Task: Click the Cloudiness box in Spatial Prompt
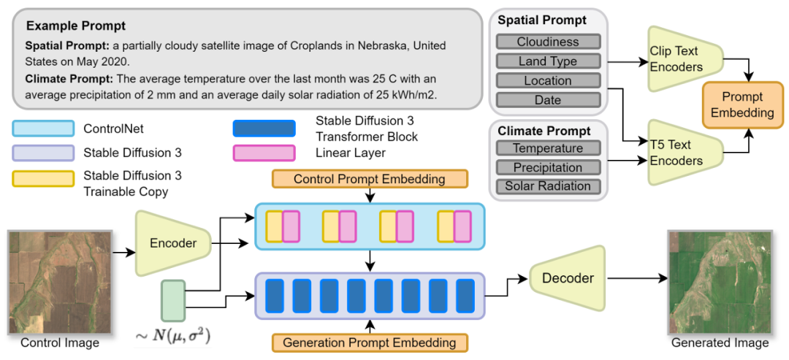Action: [x=548, y=42]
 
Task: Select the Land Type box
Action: [x=548, y=61]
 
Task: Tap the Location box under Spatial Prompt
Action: [x=548, y=80]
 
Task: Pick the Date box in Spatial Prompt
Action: [x=548, y=100]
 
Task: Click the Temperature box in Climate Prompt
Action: [x=548, y=148]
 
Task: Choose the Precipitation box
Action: [x=548, y=167]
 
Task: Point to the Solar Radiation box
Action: [x=548, y=186]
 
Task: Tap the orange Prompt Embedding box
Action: [x=742, y=105]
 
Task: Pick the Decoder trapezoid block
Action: [x=568, y=277]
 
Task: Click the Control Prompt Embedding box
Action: [x=369, y=179]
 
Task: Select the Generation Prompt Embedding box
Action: [x=369, y=342]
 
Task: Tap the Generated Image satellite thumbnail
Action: [x=721, y=281]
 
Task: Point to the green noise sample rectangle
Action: [x=173, y=300]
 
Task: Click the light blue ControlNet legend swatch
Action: [x=43, y=129]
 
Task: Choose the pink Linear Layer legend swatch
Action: [x=263, y=153]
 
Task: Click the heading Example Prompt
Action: [x=76, y=26]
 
